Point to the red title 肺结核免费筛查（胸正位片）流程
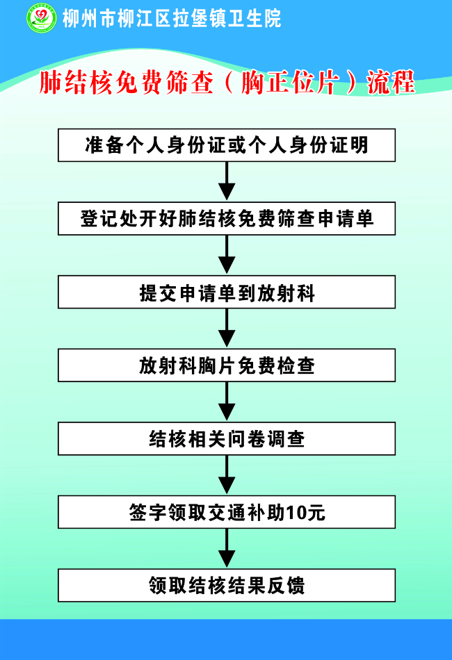[227, 83]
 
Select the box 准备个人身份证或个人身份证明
[227, 145]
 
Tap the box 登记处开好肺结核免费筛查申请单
[227, 219]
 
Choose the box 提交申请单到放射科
[227, 292]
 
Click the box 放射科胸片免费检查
[227, 365]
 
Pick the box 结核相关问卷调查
[227, 439]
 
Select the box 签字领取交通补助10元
[227, 512]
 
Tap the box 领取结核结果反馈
[227, 586]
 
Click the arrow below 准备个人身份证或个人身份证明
[227, 182]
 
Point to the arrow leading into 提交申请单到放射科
[227, 256]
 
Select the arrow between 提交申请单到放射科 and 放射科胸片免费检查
[227, 329]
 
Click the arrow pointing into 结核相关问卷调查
[227, 402]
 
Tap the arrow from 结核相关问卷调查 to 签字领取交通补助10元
[227, 476]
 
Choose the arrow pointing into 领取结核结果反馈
[227, 549]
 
